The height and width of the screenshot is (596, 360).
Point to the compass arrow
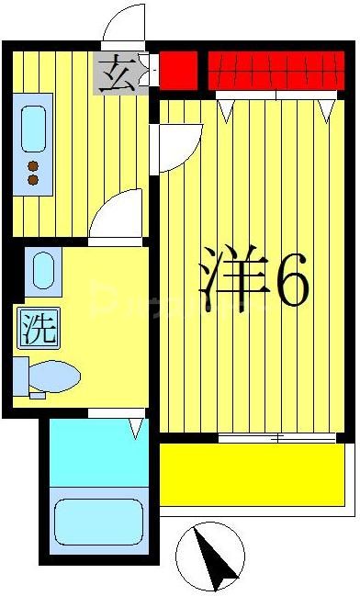point(214,557)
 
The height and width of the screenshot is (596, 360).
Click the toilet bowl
point(51,377)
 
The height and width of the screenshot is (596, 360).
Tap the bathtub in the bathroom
point(97,522)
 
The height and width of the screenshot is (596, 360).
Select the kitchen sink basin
point(34,129)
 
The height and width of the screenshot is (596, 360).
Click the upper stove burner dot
point(34,166)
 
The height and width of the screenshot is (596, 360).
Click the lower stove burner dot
point(34,180)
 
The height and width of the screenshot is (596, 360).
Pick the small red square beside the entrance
point(179,70)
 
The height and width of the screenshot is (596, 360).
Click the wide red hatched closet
point(275,71)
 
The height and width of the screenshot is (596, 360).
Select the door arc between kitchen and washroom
point(119,215)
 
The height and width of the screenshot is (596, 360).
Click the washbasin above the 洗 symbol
point(42,272)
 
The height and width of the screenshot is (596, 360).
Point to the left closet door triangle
point(226,109)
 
